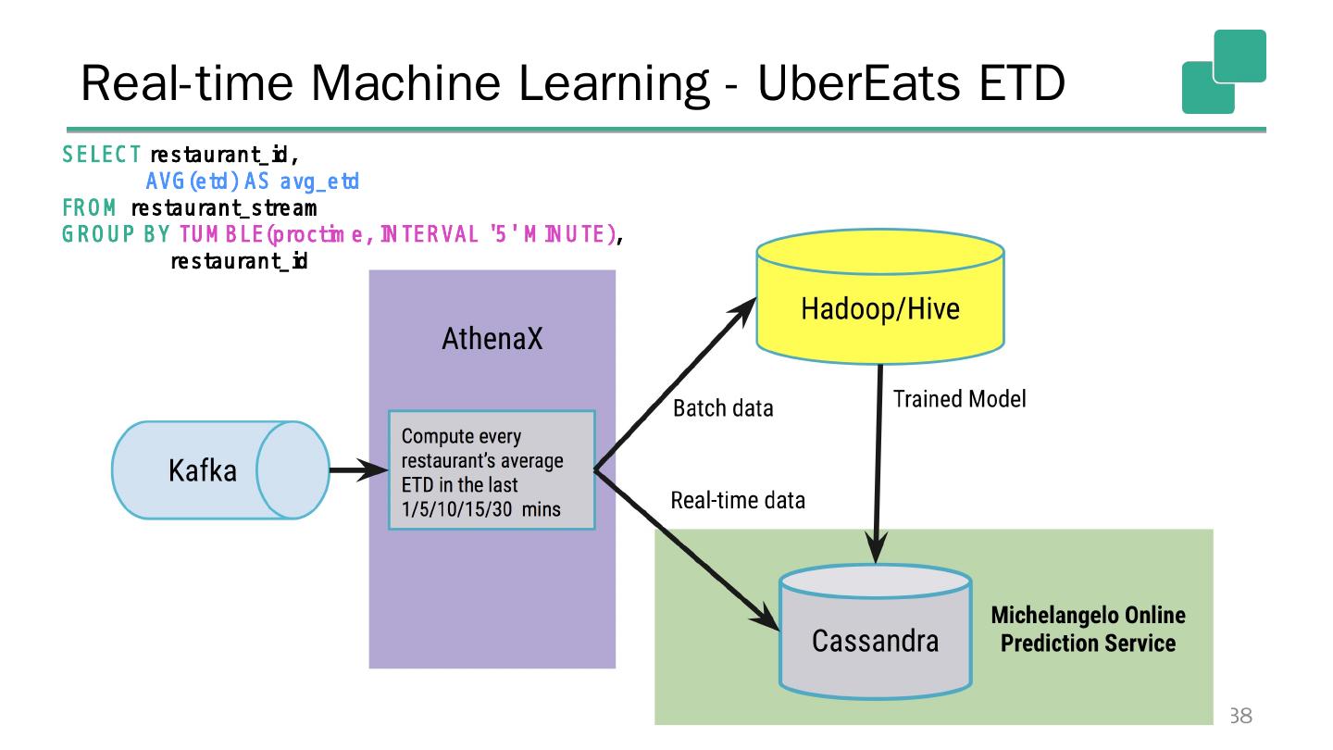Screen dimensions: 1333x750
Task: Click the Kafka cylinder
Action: [220, 470]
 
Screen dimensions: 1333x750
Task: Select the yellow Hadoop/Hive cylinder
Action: [880, 296]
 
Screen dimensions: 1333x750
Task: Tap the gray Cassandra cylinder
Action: [876, 631]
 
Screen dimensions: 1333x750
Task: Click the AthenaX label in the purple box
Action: [492, 339]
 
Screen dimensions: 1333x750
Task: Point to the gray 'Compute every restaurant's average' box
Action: [492, 469]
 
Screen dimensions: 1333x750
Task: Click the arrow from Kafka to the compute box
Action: [359, 469]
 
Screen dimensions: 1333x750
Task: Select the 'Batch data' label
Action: [723, 408]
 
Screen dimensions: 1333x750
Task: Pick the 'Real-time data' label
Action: [738, 500]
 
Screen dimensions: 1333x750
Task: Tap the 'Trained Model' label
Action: [959, 399]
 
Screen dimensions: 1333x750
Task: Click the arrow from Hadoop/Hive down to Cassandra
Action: [878, 464]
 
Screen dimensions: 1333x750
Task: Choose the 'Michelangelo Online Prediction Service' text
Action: [1088, 630]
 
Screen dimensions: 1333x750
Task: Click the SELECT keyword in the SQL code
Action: [101, 155]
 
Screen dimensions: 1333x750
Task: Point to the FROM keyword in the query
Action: [89, 207]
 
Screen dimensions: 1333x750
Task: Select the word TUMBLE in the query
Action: [221, 234]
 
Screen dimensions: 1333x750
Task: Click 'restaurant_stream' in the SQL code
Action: [224, 208]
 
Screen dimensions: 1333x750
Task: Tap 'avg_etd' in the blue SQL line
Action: [319, 181]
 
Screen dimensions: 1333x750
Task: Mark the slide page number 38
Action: [1240, 716]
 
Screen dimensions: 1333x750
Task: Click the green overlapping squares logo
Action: [1224, 71]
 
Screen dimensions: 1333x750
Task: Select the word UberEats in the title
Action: [859, 82]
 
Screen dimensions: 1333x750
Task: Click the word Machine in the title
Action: [405, 82]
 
